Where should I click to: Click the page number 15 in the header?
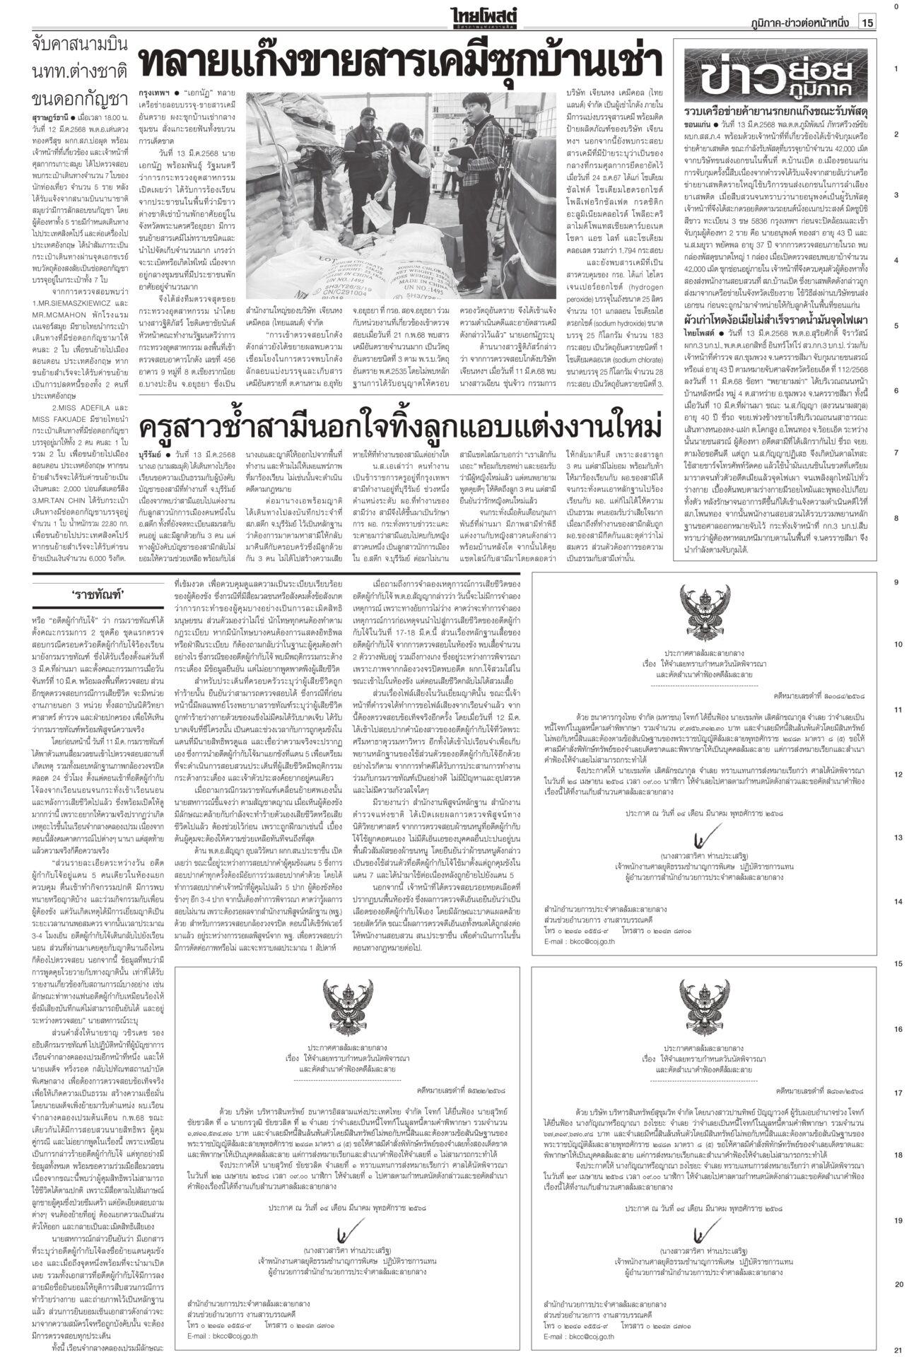tap(868, 23)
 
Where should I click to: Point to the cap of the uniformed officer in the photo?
tap(368, 115)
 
